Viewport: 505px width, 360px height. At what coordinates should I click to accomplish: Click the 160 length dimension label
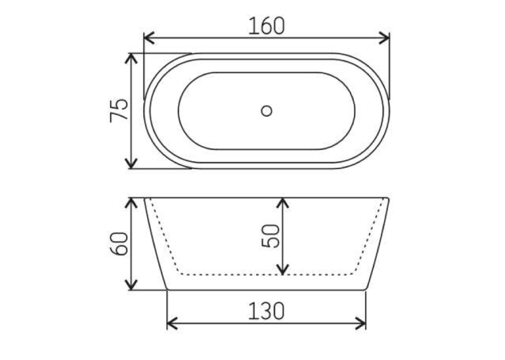point(266,26)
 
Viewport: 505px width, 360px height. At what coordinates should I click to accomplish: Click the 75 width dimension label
point(119,110)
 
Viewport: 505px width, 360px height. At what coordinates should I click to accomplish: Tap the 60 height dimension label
point(119,244)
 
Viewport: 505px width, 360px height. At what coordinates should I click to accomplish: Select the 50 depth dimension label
point(271,236)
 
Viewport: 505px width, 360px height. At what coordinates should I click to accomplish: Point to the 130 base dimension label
point(266,311)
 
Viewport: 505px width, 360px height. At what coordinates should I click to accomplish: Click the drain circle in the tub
point(266,111)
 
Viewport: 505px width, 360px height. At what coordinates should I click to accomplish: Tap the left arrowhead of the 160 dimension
point(149,38)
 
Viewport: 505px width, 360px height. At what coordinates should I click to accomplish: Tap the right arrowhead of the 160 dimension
point(384,38)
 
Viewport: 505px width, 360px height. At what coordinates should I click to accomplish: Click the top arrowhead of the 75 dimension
point(131,59)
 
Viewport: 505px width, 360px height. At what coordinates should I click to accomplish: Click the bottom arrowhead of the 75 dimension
point(131,163)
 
